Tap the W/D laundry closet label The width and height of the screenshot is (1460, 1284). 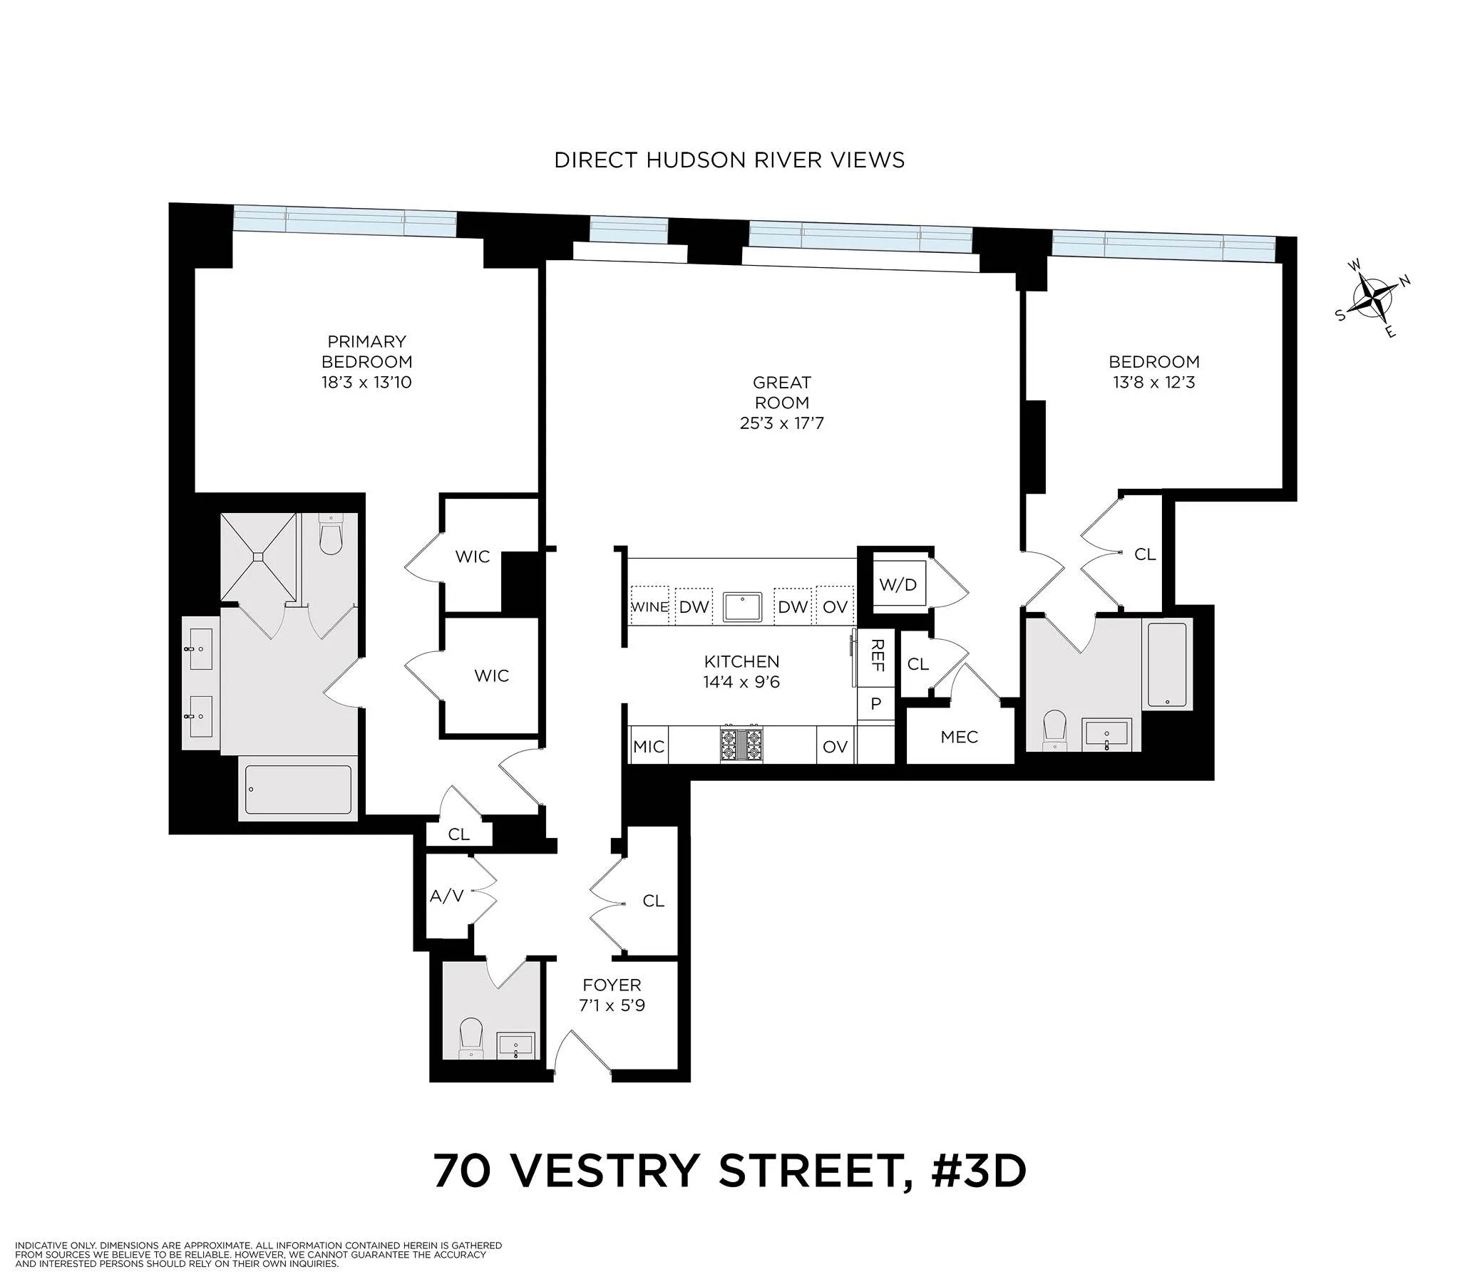point(897,585)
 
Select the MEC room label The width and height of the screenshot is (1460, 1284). point(959,737)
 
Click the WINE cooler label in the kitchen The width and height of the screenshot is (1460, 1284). point(649,607)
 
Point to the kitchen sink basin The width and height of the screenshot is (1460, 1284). point(742,607)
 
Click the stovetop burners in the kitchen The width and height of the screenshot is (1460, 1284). point(741,744)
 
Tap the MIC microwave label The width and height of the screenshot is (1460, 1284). point(648,747)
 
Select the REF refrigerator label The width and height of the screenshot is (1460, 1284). point(876,656)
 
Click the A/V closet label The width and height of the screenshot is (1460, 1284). point(446,896)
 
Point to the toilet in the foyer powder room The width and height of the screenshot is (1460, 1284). point(471,1038)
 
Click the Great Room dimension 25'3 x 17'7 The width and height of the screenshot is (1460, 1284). point(781,423)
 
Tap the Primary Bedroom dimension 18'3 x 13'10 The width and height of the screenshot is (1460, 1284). point(366,382)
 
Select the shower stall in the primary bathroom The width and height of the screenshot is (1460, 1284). point(259,557)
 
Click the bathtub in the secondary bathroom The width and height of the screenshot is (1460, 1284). point(1168,665)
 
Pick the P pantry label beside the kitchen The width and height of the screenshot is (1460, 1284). point(875,704)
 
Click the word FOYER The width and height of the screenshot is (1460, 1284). point(612,985)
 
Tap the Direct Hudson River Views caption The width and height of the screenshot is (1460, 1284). point(729,160)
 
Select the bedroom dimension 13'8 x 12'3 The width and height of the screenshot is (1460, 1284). point(1153,382)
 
